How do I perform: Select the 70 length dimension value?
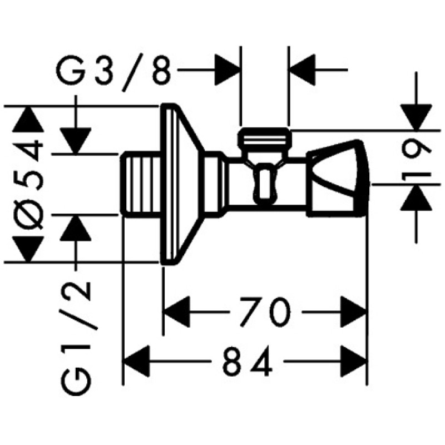265,312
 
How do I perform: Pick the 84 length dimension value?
248,361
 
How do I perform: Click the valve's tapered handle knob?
338,179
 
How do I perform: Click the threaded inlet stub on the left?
140,185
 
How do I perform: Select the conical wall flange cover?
182,185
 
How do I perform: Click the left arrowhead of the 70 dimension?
177,312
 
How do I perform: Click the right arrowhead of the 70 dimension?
354,312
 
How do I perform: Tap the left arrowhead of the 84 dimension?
137,361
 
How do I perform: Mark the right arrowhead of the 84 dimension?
354,361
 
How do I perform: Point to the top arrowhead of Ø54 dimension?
28,119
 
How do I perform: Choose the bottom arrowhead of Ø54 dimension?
28,249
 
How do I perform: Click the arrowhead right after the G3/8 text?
227,70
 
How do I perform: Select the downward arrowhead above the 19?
416,117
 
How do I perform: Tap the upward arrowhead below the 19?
416,197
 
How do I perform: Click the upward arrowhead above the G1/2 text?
76,228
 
